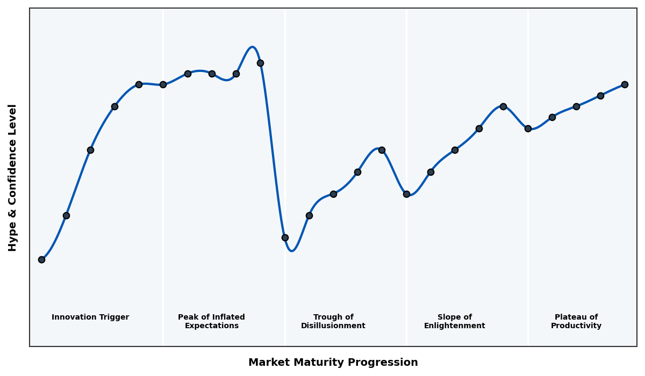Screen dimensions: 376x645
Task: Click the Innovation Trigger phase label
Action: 90,317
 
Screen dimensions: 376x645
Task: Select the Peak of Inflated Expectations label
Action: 211,321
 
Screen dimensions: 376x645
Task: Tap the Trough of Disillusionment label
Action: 333,321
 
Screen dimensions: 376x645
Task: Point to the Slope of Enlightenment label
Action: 454,321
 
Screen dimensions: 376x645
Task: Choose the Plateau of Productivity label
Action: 576,321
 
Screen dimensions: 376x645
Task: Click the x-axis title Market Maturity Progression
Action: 333,363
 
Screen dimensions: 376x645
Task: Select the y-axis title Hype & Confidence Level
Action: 13,177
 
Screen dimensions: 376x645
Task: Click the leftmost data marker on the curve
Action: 41,259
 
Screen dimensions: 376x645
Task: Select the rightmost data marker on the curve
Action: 625,84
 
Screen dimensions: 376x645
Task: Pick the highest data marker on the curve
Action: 260,63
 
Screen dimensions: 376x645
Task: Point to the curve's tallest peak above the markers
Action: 252,47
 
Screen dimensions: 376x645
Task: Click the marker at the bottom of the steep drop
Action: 285,237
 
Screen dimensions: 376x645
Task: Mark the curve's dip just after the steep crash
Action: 291,250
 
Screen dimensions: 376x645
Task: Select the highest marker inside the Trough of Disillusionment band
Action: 382,150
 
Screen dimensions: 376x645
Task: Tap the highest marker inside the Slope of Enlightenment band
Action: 503,106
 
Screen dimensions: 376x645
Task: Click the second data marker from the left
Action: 66,215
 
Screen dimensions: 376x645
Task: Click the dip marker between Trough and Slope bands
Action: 406,194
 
